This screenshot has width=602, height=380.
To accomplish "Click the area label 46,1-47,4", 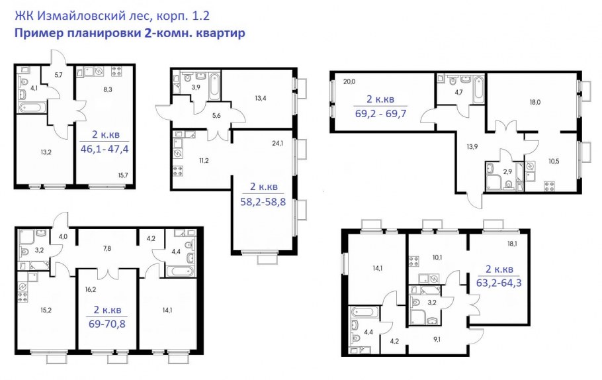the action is (105, 149).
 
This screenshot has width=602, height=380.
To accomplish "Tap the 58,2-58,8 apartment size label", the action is (263, 202).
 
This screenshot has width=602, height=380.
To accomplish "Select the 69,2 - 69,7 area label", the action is (380, 114).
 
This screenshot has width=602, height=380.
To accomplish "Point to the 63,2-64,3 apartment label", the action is (499, 283).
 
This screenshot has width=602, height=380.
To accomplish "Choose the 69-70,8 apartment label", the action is (107, 324).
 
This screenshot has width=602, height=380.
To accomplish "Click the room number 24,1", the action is (277, 144).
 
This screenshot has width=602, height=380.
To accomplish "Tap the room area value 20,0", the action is (349, 81).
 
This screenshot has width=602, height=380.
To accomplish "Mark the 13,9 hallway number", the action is (472, 146).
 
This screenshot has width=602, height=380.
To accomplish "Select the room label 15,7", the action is (123, 175).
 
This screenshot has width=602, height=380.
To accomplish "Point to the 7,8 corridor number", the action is (107, 249).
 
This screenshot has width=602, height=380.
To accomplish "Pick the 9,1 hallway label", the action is (437, 339).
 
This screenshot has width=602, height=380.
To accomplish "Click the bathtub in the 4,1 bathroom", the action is (32, 107).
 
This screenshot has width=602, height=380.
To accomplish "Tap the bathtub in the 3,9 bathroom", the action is (214, 86).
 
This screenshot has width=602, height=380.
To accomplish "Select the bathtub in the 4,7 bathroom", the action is (478, 90).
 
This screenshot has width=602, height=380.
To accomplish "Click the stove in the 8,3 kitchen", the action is (116, 71).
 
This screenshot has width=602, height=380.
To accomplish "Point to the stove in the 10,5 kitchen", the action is (549, 186).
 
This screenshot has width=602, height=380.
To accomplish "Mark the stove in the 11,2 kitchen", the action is (178, 171).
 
